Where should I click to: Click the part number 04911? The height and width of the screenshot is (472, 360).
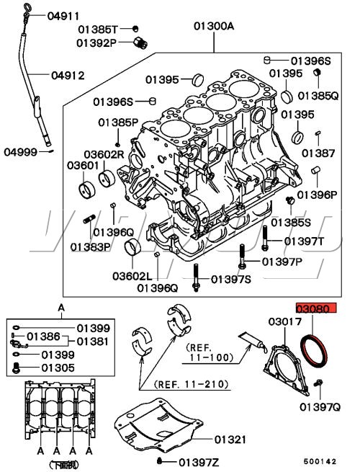[x=63, y=16]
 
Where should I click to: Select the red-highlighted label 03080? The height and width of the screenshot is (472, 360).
[x=316, y=308]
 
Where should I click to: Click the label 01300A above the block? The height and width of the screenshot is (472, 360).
[x=214, y=26]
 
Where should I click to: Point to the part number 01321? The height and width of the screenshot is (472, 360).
[x=230, y=440]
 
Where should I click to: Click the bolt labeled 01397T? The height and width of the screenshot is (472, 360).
[x=265, y=238]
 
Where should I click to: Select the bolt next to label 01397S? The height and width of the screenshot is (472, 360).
[x=196, y=278]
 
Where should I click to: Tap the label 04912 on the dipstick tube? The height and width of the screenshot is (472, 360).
[x=68, y=75]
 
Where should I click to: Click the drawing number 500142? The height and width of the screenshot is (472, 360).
[x=320, y=461]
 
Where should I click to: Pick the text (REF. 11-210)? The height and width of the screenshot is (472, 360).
[x=192, y=384]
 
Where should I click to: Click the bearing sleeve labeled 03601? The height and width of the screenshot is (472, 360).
[x=87, y=190]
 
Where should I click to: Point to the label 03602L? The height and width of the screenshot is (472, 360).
[x=132, y=276]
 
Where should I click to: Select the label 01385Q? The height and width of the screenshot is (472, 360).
[x=318, y=96]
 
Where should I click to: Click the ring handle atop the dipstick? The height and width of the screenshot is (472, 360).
[x=27, y=8]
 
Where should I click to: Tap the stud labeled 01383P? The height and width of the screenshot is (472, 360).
[x=89, y=219]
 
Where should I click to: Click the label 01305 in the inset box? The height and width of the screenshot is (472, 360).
[x=58, y=368]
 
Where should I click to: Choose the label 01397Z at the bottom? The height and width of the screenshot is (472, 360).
[x=199, y=462]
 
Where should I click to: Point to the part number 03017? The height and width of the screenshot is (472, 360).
[x=285, y=321]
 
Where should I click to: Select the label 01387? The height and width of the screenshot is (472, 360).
[x=318, y=153]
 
